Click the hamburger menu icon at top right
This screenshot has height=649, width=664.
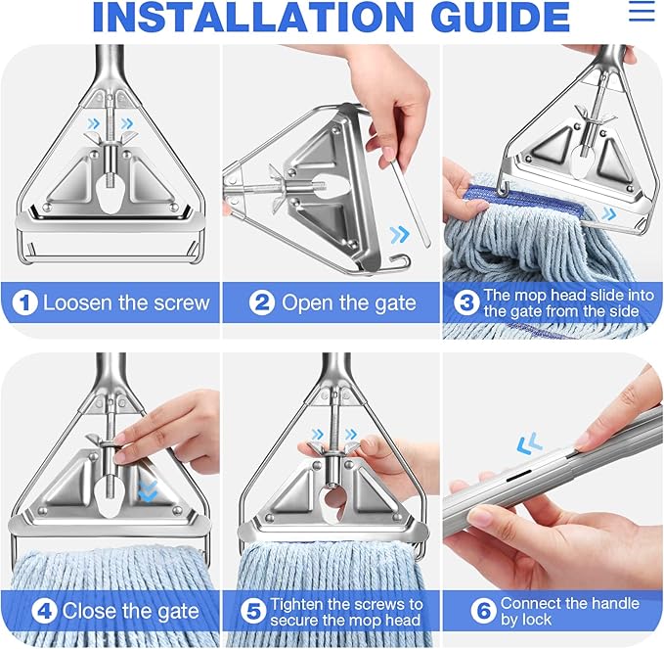point(642,11)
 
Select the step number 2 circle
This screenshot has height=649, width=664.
point(261,302)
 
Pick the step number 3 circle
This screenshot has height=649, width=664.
point(465,302)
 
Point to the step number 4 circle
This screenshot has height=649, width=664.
point(43,612)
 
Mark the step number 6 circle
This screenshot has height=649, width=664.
point(483,612)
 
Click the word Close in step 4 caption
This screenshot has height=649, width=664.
point(91,612)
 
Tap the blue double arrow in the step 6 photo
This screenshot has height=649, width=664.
point(529,446)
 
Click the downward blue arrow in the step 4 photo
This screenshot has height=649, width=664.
point(147,490)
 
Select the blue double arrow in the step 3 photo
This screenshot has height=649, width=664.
point(607,213)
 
